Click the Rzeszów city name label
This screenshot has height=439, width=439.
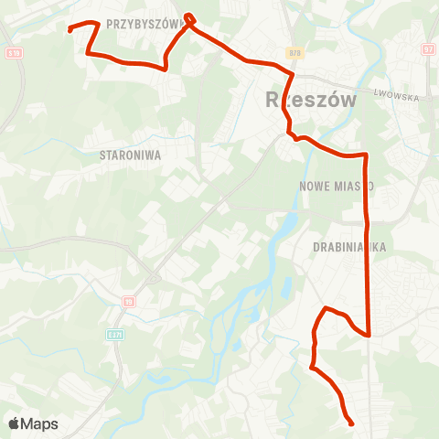(310, 100)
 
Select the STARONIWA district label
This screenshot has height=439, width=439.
(130, 155)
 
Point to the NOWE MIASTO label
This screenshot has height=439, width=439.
(337, 186)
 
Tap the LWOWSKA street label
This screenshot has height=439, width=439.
(395, 95)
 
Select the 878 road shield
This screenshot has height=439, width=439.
(293, 53)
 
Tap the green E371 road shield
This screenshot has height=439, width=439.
(113, 335)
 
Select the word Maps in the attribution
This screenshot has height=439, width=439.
(40, 423)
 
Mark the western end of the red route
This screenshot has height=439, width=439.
(70, 30)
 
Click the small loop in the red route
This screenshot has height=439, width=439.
(189, 18)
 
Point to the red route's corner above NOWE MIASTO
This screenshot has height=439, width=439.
(366, 155)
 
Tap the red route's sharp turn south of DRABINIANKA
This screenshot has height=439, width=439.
(368, 335)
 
